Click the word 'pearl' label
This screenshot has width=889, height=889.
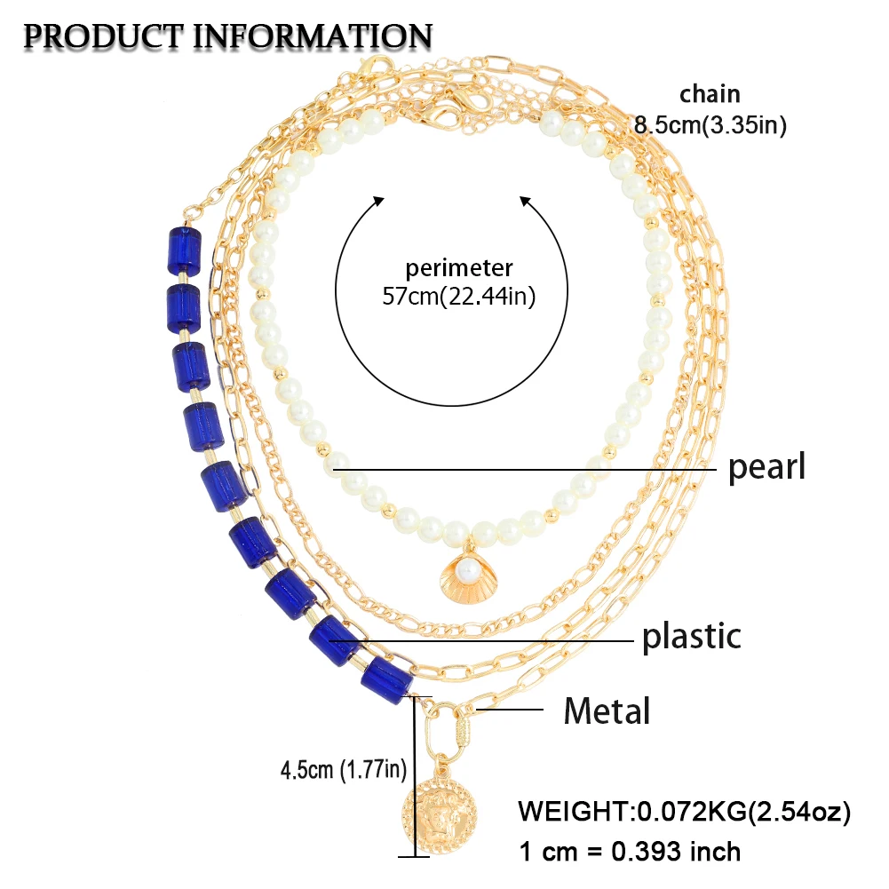(766, 466)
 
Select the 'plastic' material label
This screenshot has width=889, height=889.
(691, 636)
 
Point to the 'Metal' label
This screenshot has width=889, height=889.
(607, 710)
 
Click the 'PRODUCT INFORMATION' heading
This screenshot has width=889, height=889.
(228, 36)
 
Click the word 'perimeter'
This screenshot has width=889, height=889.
(459, 267)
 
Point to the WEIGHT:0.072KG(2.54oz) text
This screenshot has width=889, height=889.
(685, 812)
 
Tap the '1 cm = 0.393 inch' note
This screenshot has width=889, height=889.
(629, 851)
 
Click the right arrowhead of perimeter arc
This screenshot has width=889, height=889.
(526, 202)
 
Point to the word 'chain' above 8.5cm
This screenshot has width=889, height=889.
(710, 94)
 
